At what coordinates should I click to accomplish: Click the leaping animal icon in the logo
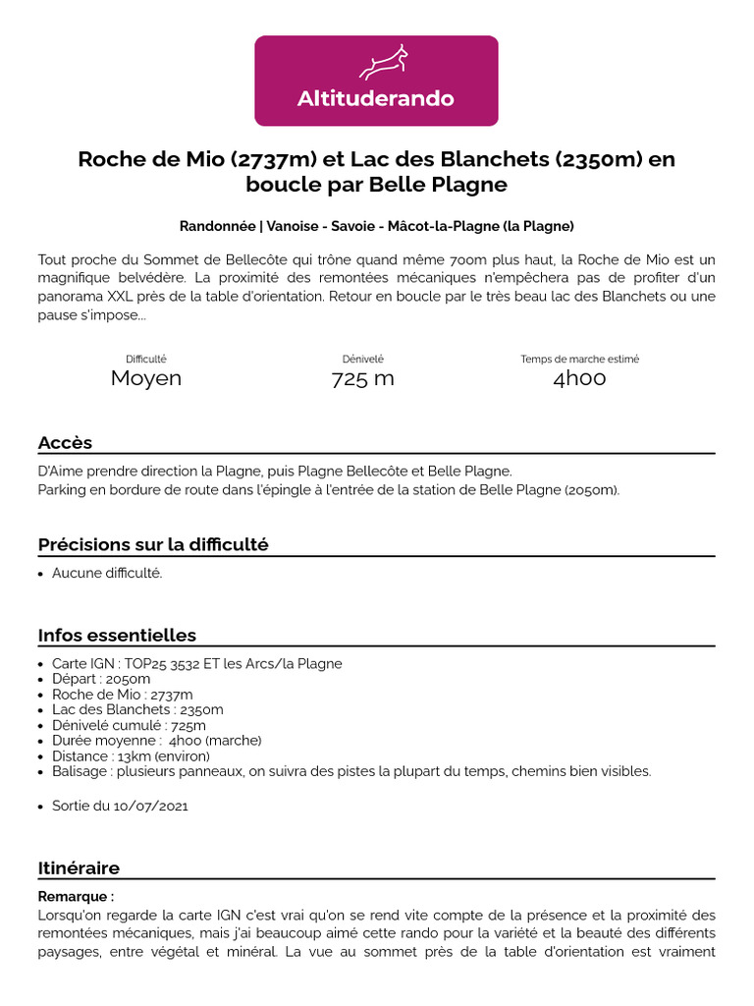click(377, 63)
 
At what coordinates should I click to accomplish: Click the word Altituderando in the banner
click(376, 99)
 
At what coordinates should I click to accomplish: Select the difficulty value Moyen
click(145, 378)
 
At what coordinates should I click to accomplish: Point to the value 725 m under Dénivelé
click(362, 378)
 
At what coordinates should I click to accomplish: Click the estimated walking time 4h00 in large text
click(579, 378)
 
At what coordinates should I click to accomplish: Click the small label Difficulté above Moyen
click(145, 360)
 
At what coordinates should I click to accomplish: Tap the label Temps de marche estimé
click(579, 360)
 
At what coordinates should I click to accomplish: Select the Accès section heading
click(65, 442)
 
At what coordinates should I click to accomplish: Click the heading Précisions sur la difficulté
click(153, 544)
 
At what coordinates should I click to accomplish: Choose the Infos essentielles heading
click(117, 635)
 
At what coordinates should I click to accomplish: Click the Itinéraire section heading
click(79, 868)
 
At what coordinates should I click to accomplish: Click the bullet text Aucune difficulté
click(107, 574)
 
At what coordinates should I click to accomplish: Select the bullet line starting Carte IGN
click(196, 664)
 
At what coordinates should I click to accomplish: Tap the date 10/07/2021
click(147, 806)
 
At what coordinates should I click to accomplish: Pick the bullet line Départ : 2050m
click(101, 679)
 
